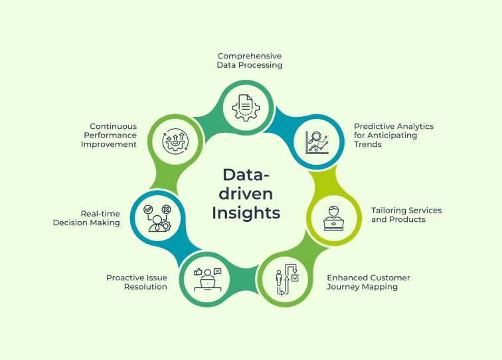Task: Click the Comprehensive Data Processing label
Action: pos(250,60)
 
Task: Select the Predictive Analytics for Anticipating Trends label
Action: pos(393,135)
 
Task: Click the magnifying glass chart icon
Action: pos(317,141)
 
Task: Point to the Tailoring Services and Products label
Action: pos(406,215)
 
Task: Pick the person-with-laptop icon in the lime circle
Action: pos(333,216)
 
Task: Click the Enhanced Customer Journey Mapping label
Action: pos(368,282)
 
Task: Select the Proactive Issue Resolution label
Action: pos(137,282)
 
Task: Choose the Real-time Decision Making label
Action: pos(87,218)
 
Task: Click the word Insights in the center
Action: pos(246,213)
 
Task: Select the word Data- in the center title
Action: pos(247,174)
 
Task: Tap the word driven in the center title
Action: pos(246,194)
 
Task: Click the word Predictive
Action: pos(373,126)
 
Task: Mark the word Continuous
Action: pos(114,126)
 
